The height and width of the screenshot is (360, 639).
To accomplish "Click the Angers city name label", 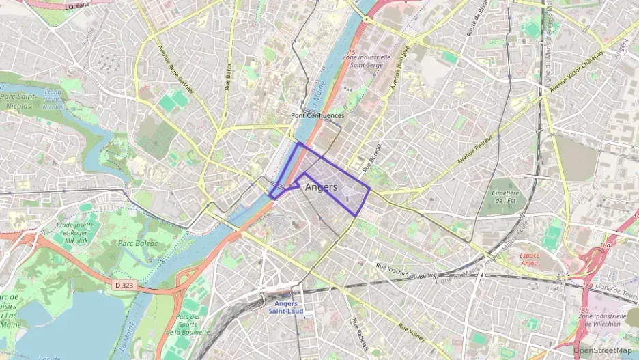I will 321,187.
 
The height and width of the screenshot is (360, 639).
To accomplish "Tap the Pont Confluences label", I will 317,116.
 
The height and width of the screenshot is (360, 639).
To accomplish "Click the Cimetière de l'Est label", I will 505,197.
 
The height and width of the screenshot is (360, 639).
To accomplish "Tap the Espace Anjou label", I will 525,260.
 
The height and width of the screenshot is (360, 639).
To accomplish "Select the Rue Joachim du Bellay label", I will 407,270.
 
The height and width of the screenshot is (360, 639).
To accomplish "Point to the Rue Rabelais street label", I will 356,331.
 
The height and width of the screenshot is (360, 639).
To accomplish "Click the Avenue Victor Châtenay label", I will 577,71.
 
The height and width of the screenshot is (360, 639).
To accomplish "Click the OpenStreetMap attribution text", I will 603,350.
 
